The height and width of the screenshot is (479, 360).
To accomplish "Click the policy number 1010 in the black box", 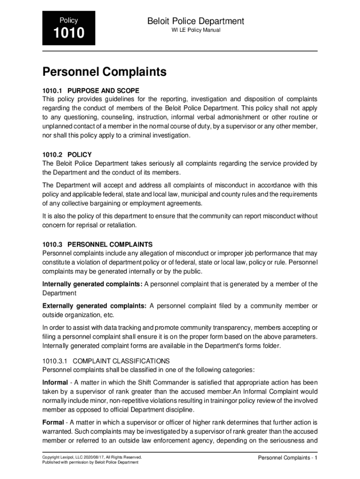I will (68, 34).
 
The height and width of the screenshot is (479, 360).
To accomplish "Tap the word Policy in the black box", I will (68, 21).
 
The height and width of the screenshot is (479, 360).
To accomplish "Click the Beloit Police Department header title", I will (195, 21).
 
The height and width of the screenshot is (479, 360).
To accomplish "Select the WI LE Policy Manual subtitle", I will (196, 30).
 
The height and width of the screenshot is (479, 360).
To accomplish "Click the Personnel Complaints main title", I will (104, 72).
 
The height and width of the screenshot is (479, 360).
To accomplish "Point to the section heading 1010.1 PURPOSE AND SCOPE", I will (91, 90).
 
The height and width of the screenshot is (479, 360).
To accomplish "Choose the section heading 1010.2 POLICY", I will (67, 154).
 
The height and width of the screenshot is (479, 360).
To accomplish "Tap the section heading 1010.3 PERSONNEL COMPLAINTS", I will (97, 244).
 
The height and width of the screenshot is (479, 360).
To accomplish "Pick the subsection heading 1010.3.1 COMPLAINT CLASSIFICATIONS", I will (106, 361).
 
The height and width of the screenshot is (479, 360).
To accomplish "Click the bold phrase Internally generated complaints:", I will (92, 284).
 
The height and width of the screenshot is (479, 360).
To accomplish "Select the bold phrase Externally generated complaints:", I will (94, 306).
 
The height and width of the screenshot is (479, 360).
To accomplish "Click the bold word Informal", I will (55, 383).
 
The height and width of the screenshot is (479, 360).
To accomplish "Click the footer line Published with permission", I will (90, 462).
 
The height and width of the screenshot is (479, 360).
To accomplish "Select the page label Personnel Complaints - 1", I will (288, 457).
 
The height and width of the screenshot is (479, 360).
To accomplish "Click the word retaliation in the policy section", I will (121, 225).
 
